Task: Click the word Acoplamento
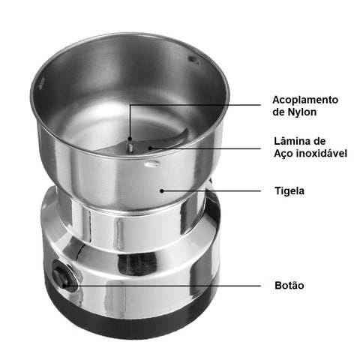pyautogui.click(x=305, y=100)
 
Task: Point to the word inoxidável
pyautogui.click(x=322, y=153)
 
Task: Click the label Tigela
pyautogui.click(x=289, y=190)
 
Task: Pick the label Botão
pyautogui.click(x=289, y=285)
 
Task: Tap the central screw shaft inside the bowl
pyautogui.click(x=130, y=145)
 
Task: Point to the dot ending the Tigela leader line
pyautogui.click(x=162, y=191)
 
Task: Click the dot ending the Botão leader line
pyautogui.click(x=64, y=285)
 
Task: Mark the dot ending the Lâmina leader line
pyautogui.click(x=150, y=148)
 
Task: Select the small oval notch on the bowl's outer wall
pyautogui.click(x=151, y=163)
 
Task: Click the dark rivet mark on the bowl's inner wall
pyautogui.click(x=193, y=59)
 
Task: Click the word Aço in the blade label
pyautogui.click(x=283, y=154)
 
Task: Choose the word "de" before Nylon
pyautogui.click(x=278, y=112)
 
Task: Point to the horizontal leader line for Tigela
pyautogui.click(x=211, y=191)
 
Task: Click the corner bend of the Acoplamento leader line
pyautogui.click(x=130, y=105)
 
